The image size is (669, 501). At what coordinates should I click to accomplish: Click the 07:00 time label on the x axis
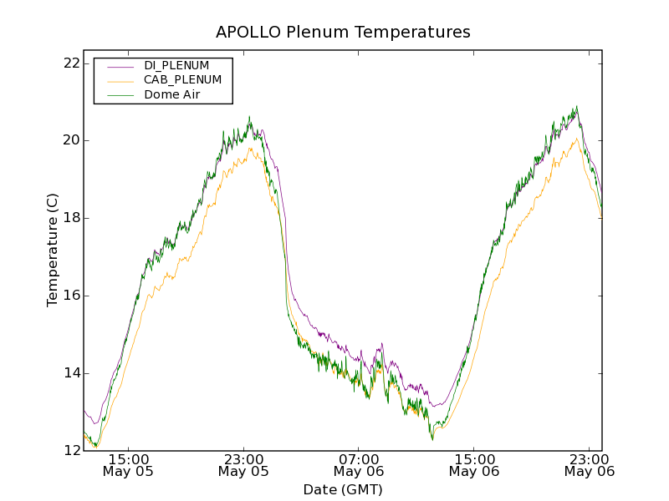(x=359, y=459)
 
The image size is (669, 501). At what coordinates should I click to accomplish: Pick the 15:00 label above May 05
(x=129, y=459)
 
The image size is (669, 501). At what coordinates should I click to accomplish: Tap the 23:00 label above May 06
(x=590, y=459)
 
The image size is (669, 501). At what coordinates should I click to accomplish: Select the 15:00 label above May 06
(x=474, y=459)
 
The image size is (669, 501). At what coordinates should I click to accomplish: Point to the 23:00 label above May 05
(x=243, y=459)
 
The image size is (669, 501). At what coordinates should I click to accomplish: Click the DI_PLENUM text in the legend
(x=176, y=65)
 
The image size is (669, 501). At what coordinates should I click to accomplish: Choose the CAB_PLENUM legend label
(x=182, y=80)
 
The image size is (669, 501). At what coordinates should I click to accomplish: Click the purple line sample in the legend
(x=120, y=66)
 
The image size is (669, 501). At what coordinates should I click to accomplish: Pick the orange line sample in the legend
(x=120, y=80)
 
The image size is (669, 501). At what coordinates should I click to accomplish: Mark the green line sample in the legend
(x=120, y=95)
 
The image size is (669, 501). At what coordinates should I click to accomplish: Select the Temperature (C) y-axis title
(x=53, y=250)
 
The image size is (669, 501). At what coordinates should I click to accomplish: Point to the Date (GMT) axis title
(x=343, y=489)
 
